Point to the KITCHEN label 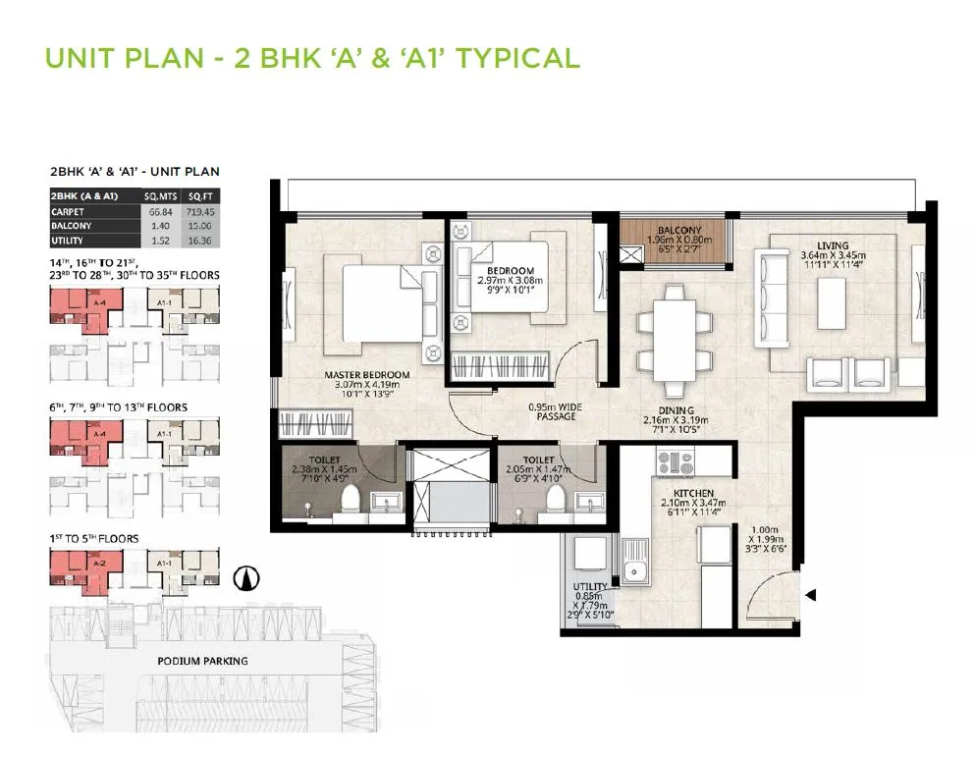(x=692, y=493)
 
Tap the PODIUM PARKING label (x=202, y=661)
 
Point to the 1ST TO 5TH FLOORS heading (x=94, y=538)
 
